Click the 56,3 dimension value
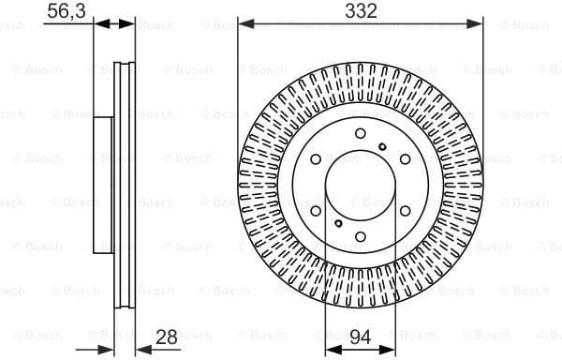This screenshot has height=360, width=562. pos(66,11)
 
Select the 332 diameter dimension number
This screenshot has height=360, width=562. pos(361,11)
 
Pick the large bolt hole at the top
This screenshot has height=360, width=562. pos(361,134)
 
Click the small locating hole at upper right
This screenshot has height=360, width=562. pos(384,145)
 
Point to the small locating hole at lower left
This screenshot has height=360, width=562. pos(337,224)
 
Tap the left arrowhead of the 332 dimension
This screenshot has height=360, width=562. pos(243,23)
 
